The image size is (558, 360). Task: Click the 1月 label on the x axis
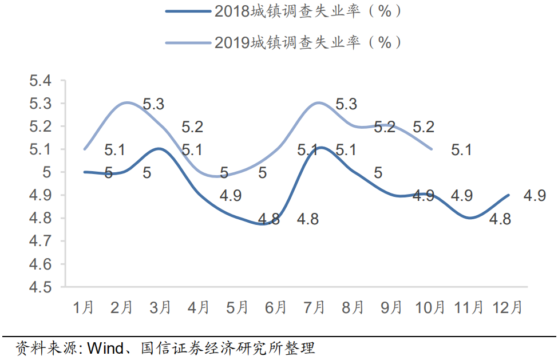(84, 307)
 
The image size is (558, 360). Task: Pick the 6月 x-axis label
(276, 307)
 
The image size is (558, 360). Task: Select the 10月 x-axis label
(430, 307)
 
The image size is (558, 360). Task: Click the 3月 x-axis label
(161, 307)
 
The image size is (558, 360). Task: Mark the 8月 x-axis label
(353, 307)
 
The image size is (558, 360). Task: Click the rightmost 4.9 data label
(535, 196)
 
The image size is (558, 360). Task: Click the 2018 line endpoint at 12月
(509, 195)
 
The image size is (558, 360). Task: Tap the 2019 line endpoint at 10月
(431, 149)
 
